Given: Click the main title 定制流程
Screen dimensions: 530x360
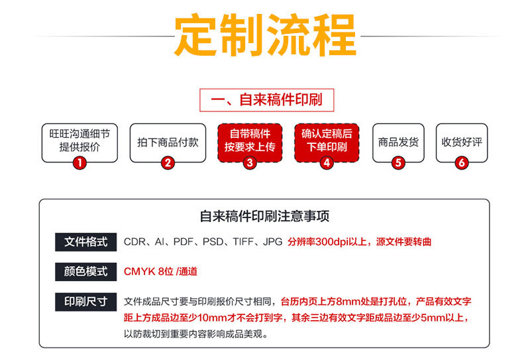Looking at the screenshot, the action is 264,34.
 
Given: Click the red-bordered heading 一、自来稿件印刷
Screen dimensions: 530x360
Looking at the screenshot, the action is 266,101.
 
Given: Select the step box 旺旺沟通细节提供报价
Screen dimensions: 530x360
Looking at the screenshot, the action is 79,141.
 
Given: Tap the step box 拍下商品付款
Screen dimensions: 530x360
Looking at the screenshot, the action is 168,142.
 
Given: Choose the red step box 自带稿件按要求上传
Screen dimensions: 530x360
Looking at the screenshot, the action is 249,141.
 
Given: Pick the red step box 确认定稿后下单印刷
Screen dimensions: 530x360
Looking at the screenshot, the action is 327,141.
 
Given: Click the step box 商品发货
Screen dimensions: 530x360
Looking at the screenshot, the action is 398,142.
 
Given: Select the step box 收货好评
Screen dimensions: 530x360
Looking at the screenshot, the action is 462,142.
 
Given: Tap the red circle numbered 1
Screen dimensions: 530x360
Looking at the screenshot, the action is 79,162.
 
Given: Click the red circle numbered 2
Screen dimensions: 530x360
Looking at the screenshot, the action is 168,162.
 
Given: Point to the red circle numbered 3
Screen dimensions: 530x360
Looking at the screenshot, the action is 249,162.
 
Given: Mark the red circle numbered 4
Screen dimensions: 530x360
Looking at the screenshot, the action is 326,162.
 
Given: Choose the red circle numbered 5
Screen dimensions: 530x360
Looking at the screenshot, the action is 398,162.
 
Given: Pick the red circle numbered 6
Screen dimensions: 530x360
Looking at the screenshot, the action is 462,162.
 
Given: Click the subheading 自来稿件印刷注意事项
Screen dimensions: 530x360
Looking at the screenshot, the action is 264,217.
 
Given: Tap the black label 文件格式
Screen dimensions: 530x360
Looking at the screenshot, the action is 85,242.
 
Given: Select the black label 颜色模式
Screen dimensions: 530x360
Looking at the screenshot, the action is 85,271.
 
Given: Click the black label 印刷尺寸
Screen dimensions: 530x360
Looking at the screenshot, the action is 85,301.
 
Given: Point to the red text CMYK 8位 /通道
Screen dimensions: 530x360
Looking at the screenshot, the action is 160,271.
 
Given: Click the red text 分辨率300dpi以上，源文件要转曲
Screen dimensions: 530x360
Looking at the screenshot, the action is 359,242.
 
